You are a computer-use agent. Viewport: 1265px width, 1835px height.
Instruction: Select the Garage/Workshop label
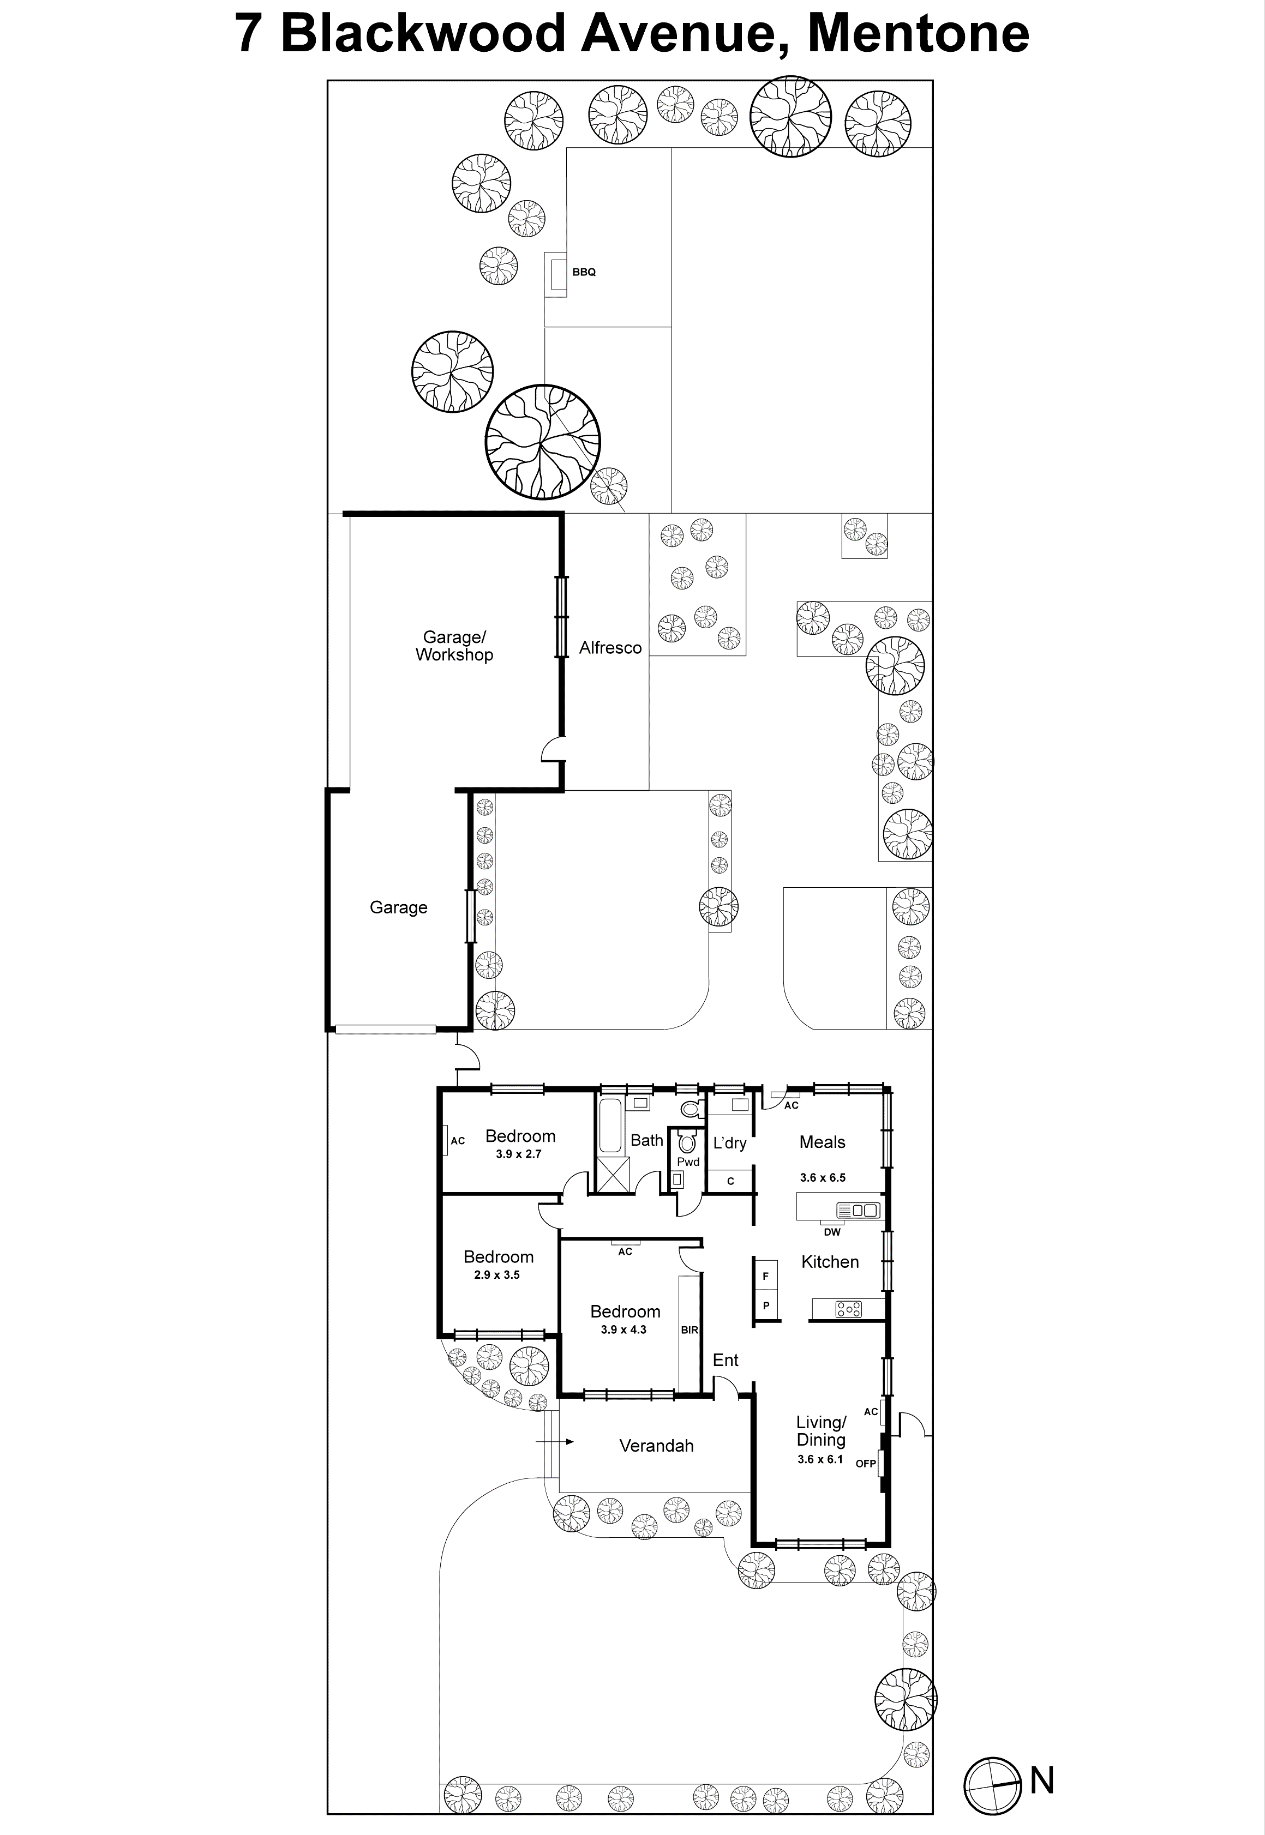click(454, 645)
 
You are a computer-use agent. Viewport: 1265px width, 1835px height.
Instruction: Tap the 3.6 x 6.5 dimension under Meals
click(822, 1177)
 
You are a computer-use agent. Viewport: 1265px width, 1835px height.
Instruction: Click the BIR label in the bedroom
click(689, 1329)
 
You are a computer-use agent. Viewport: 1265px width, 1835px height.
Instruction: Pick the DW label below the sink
click(831, 1232)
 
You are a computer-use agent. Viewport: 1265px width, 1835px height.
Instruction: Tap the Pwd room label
click(688, 1162)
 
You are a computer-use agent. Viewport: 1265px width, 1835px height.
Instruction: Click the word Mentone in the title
click(918, 33)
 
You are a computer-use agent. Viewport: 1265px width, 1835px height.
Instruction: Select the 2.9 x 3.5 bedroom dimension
click(496, 1275)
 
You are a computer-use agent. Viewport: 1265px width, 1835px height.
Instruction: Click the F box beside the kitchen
click(766, 1277)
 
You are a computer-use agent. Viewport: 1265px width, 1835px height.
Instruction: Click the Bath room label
click(646, 1140)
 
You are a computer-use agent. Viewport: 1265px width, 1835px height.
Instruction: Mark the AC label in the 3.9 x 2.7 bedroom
click(457, 1141)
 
